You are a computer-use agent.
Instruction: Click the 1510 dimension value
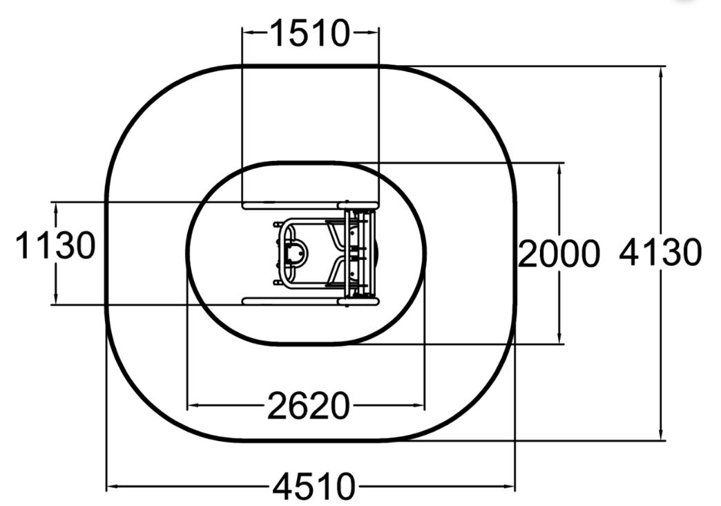[x=310, y=33]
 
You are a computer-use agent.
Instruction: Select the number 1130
[x=56, y=245]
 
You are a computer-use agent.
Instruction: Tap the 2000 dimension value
[x=559, y=254]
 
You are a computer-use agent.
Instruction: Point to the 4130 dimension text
[x=660, y=253]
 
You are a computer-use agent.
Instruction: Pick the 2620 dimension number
[x=309, y=406]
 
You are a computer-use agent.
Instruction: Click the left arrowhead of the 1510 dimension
[x=247, y=32]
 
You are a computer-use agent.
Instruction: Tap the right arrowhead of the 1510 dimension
[x=374, y=32]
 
